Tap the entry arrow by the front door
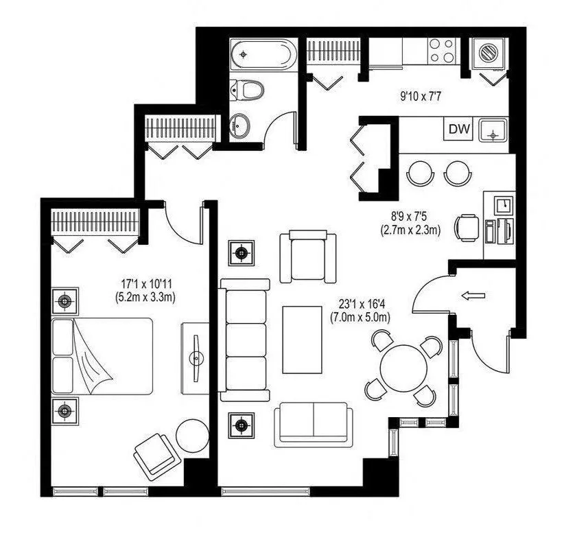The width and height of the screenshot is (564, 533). (473, 296)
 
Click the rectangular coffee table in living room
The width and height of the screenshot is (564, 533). (303, 339)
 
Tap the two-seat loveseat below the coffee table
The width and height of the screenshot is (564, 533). (314, 425)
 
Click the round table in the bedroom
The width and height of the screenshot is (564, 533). (191, 434)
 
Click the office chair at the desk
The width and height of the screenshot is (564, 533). (469, 226)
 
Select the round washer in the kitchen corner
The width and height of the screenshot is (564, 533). (490, 52)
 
